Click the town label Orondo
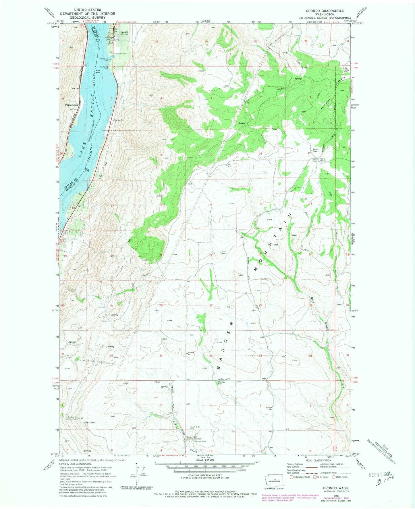click(124, 32)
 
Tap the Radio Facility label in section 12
click(322, 160)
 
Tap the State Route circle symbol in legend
click(334, 477)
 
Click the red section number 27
click(211, 305)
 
